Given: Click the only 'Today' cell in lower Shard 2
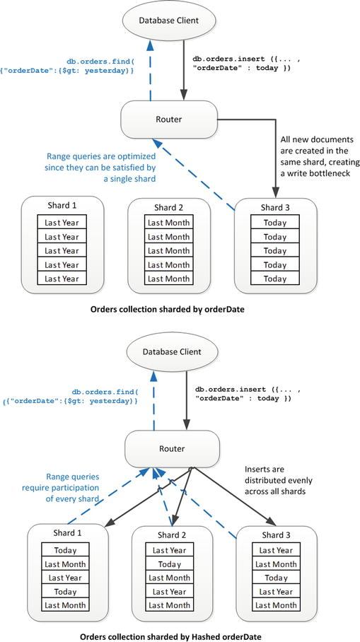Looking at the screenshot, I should coord(168,564).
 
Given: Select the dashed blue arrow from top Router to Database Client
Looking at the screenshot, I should coord(150,71).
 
